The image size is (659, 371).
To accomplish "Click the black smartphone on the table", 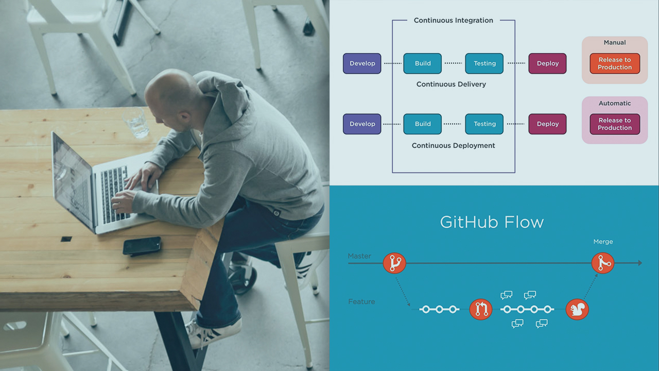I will click(x=142, y=245).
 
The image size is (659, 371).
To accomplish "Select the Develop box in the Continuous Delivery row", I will click(x=362, y=63).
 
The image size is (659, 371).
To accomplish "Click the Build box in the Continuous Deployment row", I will click(x=423, y=124).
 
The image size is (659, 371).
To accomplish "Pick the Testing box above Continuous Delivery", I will click(x=484, y=63).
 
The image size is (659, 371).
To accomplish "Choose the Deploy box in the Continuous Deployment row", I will click(x=547, y=124).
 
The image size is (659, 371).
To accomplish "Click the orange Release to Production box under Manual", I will click(x=615, y=63).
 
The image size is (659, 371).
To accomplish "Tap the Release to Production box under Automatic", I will click(x=615, y=124).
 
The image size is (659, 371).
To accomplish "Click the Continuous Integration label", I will click(x=454, y=21).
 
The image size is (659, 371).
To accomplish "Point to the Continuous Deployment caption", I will click(x=454, y=146).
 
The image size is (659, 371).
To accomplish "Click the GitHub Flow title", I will click(x=492, y=222).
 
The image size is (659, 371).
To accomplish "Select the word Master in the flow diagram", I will click(x=359, y=256).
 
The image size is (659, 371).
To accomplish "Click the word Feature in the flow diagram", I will click(x=361, y=301).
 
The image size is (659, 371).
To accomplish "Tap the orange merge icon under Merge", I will click(x=602, y=263).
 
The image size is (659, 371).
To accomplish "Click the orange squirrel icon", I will click(x=577, y=309).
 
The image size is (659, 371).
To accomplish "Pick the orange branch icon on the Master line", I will click(x=395, y=263).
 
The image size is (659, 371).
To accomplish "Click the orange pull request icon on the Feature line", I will click(x=481, y=309).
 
